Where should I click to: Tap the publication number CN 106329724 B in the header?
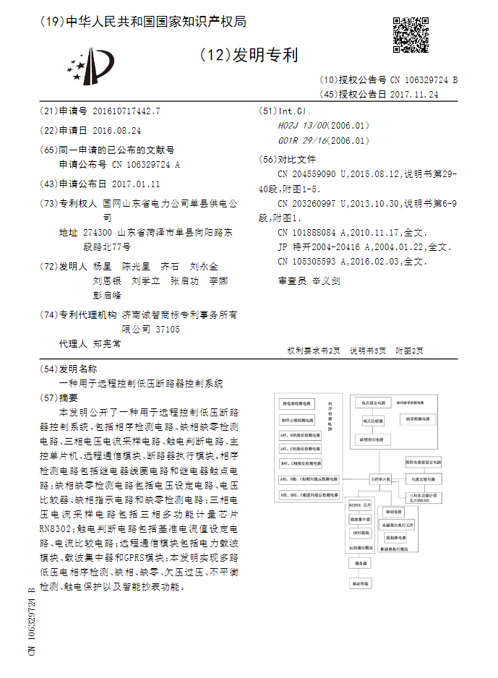pos(424,81)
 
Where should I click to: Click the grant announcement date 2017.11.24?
pos(413,94)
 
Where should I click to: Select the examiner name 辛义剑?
pos(325,280)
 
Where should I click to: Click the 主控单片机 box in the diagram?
pos(379,479)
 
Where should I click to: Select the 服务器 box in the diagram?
pos(359,563)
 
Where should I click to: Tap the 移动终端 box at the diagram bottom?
pos(359,583)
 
